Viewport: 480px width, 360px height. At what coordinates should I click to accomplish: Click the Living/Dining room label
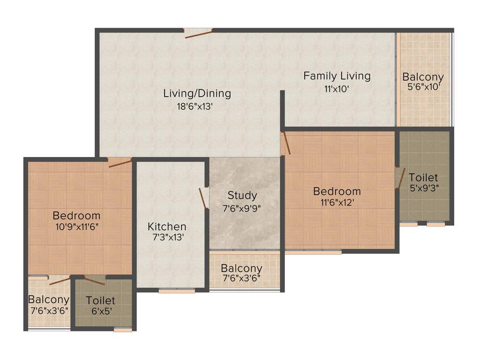coord(197,93)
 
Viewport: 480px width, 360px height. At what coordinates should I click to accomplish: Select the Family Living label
coord(337,75)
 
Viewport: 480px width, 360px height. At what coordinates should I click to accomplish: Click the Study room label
coord(242,195)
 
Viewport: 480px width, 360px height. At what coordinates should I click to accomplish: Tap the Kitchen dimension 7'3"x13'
coord(167,238)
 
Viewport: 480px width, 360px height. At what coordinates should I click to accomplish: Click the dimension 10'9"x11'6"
coord(76,226)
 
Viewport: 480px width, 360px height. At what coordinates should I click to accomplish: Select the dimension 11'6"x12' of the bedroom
coord(337,202)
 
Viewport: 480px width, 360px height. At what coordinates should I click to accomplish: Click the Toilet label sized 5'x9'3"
coord(423,178)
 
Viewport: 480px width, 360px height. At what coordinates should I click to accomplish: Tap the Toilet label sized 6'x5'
coord(100,300)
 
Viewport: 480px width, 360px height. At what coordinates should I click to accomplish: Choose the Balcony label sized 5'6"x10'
coord(423,77)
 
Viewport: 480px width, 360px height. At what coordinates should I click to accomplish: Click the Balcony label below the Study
coord(241,269)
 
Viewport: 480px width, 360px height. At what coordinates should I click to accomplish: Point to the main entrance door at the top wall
coord(198,33)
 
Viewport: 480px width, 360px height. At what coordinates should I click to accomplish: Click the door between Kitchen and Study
coord(204,197)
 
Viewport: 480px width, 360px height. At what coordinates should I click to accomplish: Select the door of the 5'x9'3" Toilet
coord(400,178)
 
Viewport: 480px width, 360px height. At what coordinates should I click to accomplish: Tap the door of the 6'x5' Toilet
coord(95,281)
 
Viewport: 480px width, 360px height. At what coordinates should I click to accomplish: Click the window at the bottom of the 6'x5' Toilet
coord(123,330)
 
